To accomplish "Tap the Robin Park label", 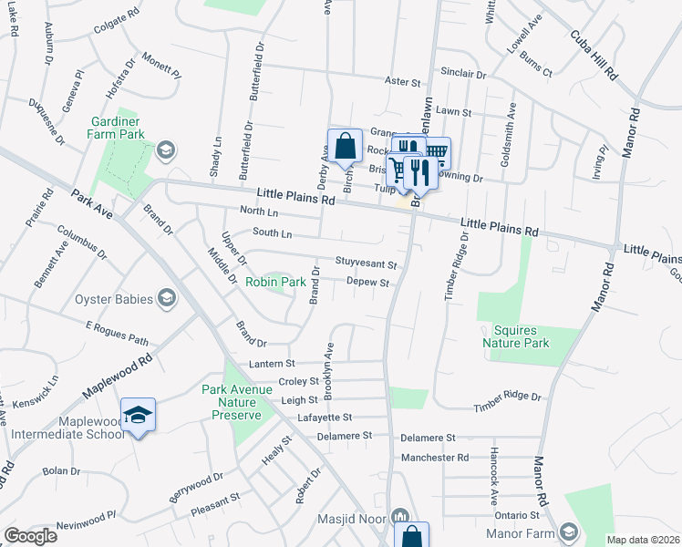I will (275, 283).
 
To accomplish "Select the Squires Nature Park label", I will (516, 336).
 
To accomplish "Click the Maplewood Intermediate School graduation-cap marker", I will (138, 416).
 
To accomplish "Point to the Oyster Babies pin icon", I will (166, 297).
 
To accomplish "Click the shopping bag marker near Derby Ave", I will (345, 146).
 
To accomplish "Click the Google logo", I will (30, 536).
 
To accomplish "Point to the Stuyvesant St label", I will (366, 263).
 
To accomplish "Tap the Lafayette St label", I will (325, 417).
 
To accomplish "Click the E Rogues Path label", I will (117, 333).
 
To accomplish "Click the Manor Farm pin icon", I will (569, 532).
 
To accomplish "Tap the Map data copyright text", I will (642, 540).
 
